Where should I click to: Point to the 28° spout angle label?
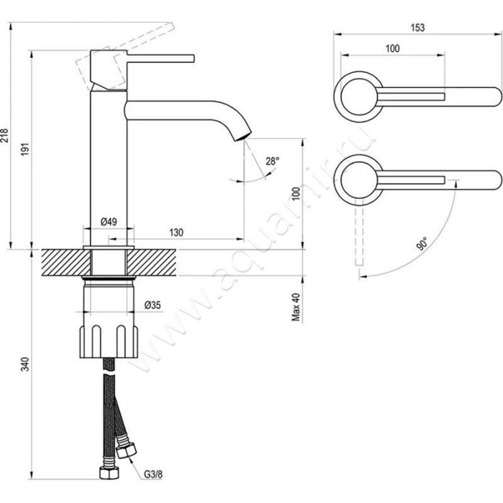(x=272, y=161)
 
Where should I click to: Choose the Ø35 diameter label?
(x=153, y=305)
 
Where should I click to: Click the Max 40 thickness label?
(x=295, y=307)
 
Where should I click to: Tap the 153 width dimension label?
(x=417, y=27)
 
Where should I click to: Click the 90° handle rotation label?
(x=423, y=242)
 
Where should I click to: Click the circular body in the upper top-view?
(x=357, y=96)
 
